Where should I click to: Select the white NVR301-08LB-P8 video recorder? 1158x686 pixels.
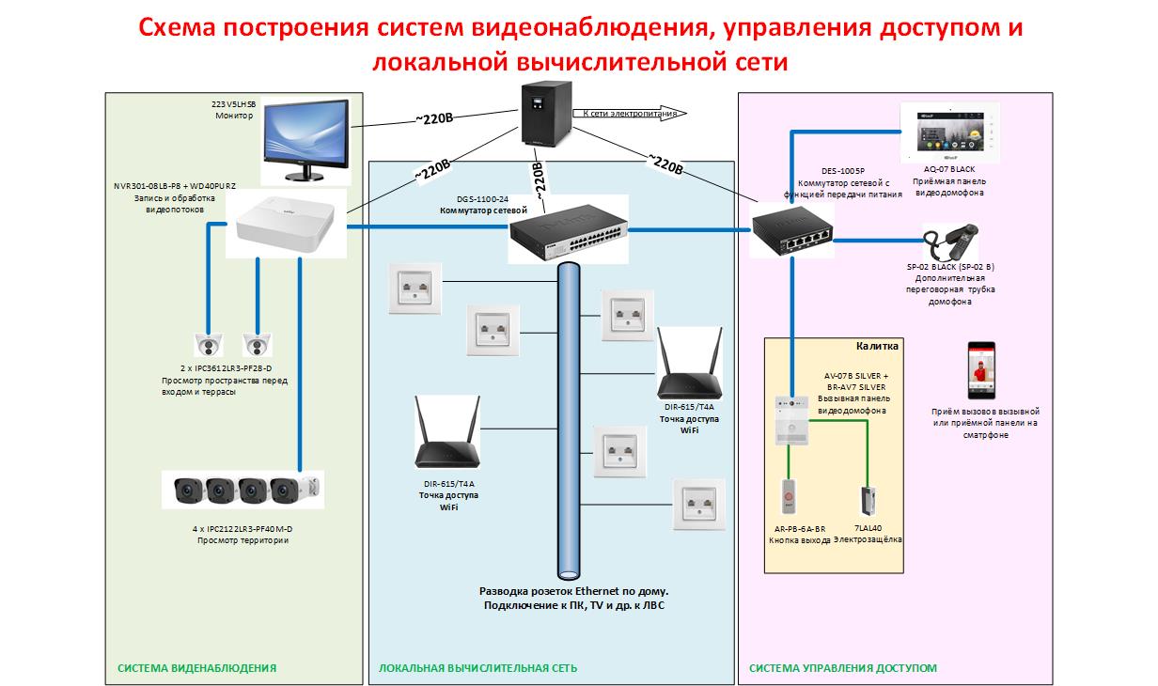pyautogui.click(x=286, y=224)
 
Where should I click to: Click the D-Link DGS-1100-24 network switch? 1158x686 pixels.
pyautogui.click(x=568, y=229)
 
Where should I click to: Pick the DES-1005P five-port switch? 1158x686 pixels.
pyautogui.click(x=790, y=230)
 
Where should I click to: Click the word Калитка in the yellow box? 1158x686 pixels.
pyautogui.click(x=877, y=346)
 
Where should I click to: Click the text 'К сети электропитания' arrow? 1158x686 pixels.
pyautogui.click(x=629, y=113)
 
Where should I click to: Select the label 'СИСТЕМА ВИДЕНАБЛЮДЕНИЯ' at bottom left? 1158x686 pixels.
pyautogui.click(x=196, y=668)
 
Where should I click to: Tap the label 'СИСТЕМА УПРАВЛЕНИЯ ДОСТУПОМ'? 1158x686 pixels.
pyautogui.click(x=842, y=668)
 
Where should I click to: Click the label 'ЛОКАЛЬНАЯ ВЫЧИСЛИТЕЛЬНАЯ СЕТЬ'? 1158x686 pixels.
pyautogui.click(x=477, y=668)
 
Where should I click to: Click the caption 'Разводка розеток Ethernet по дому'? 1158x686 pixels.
pyautogui.click(x=573, y=591)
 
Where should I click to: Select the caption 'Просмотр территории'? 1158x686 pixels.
pyautogui.click(x=243, y=540)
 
